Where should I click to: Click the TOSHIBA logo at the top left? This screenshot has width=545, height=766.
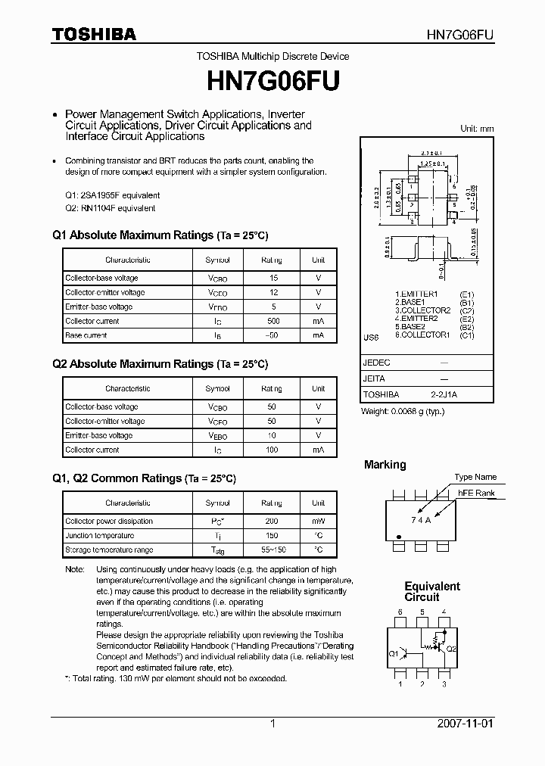[x=94, y=35]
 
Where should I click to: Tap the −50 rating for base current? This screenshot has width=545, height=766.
[x=272, y=335]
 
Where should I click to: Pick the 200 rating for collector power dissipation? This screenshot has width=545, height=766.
[x=272, y=522]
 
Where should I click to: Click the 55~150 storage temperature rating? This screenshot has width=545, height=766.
[x=272, y=550]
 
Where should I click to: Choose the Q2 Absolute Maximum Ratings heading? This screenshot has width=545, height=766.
[x=160, y=364]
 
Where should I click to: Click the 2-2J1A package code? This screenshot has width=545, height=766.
[x=444, y=395]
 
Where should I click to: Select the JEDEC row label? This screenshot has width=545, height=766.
[x=376, y=363]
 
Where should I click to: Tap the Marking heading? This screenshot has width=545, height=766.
[x=385, y=465]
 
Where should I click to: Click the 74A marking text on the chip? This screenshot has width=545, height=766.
[x=421, y=519]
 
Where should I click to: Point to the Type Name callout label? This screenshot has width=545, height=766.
[x=475, y=477]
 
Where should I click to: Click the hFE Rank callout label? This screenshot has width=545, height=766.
[x=476, y=494]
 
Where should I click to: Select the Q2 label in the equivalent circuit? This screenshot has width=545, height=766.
[x=451, y=649]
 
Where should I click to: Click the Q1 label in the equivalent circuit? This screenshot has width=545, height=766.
[x=394, y=652]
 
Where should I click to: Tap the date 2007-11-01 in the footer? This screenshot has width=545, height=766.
[x=466, y=724]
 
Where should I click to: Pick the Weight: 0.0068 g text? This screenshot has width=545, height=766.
[x=403, y=411]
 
